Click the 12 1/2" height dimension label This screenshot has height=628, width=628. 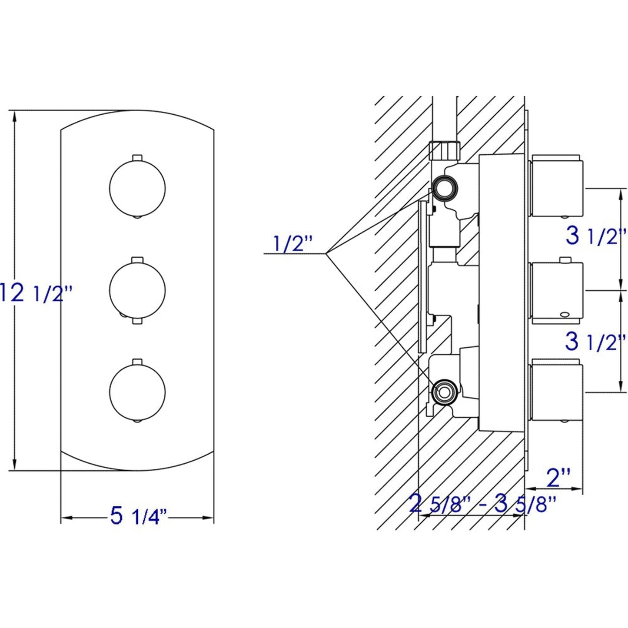35,293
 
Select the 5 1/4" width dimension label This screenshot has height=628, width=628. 138,516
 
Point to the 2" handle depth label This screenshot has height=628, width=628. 559,478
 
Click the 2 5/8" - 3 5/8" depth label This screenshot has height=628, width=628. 482,505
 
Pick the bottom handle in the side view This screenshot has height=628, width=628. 556,390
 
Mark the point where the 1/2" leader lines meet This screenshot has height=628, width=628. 326,253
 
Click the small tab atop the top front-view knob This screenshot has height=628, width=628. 137,157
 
